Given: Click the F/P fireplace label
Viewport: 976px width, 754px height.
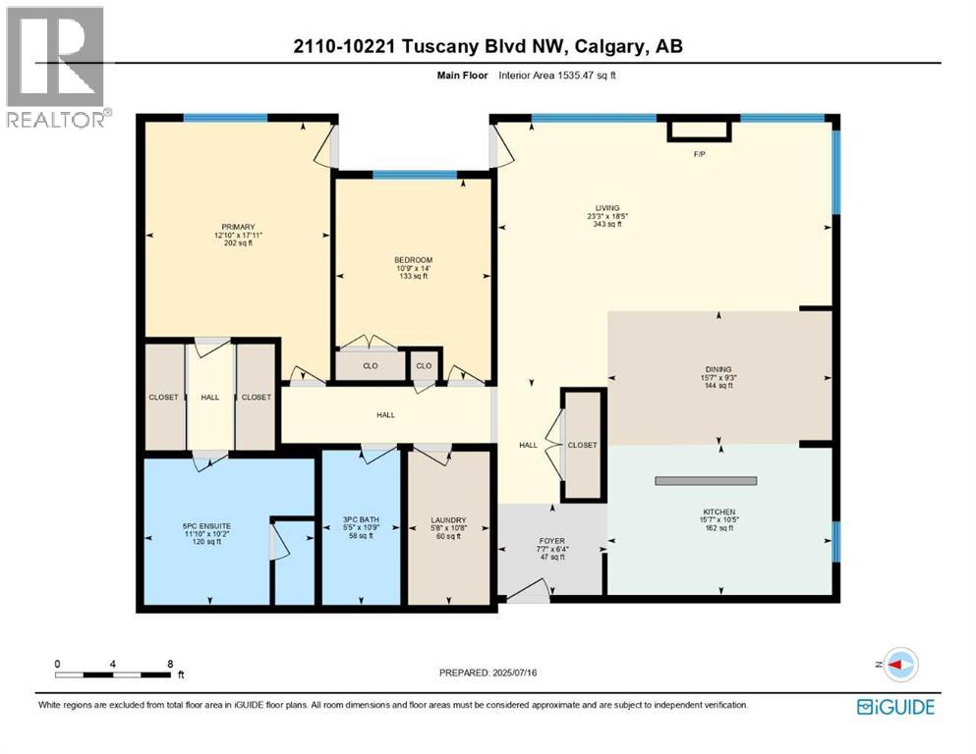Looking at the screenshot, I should pyautogui.click(x=699, y=154).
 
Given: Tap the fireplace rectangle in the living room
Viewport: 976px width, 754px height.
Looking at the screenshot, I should pyautogui.click(x=699, y=131).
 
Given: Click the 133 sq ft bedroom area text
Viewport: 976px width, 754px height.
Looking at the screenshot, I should pyautogui.click(x=412, y=277).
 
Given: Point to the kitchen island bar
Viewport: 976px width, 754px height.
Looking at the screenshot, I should pyautogui.click(x=706, y=480).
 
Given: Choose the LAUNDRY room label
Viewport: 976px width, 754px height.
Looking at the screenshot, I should pyautogui.click(x=448, y=519).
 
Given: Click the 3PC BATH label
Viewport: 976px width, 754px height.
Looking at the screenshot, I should pyautogui.click(x=362, y=519).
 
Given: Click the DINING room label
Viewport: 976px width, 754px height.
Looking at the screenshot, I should pyautogui.click(x=719, y=369).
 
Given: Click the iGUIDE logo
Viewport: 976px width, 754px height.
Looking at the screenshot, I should pyautogui.click(x=895, y=707).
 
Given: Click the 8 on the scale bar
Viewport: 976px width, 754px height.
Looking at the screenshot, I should pyautogui.click(x=171, y=664).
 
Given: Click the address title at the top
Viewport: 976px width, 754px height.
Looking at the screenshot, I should pyautogui.click(x=488, y=45).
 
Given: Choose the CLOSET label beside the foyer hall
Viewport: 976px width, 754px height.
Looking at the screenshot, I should pyautogui.click(x=583, y=445).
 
